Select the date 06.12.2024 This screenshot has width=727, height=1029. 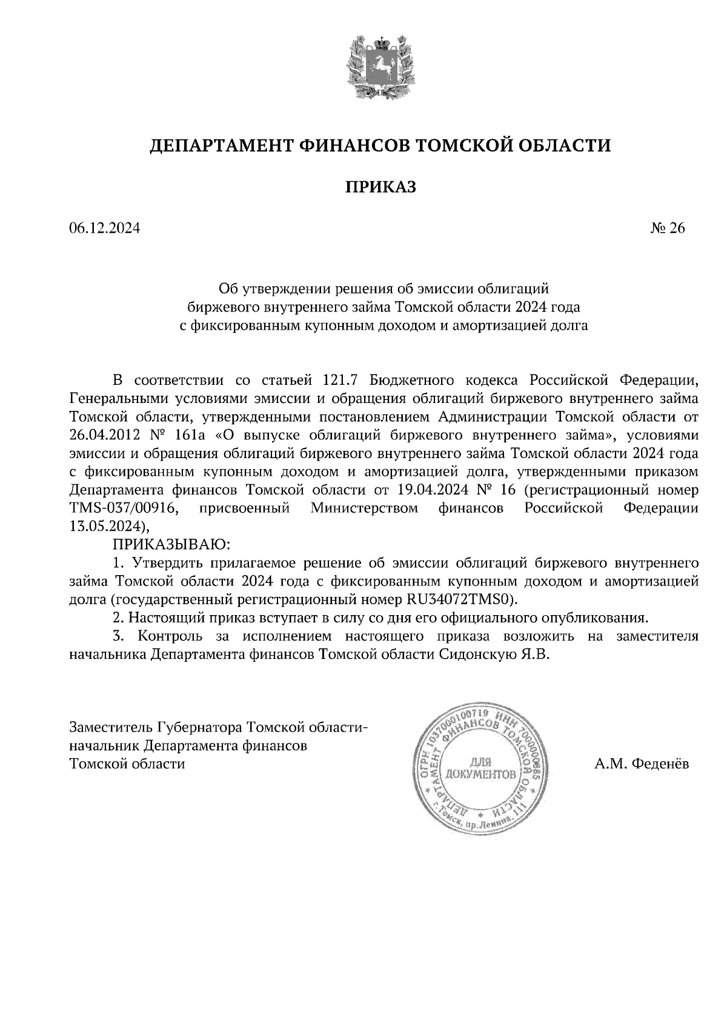coord(105,228)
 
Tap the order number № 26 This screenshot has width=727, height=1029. coord(668,228)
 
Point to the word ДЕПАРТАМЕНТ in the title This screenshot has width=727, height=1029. coord(221,146)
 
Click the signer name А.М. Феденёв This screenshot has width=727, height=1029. coord(642,764)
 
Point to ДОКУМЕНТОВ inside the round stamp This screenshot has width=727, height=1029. coord(481,774)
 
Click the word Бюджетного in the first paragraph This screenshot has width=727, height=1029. coord(412,380)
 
